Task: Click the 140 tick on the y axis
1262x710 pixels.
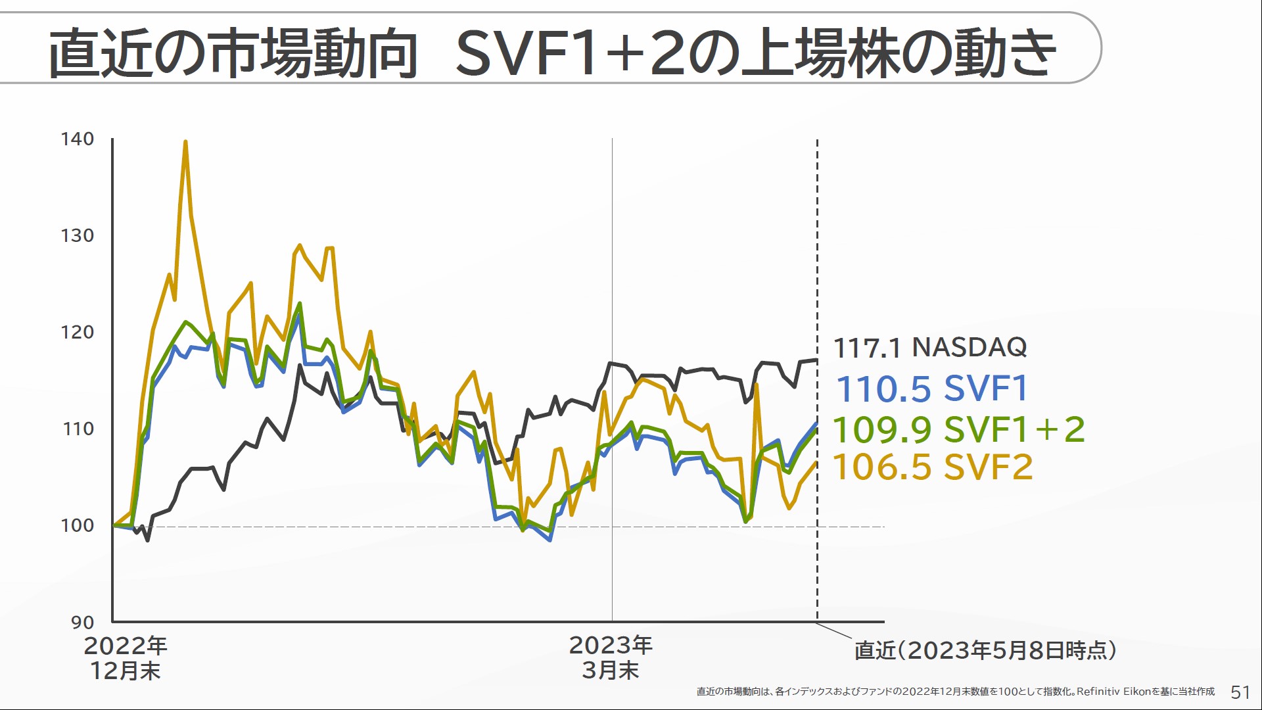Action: [x=78, y=139]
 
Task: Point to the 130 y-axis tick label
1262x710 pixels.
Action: [x=78, y=235]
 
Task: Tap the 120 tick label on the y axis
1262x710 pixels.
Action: [x=78, y=332]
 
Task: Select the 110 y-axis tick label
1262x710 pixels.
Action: [x=78, y=429]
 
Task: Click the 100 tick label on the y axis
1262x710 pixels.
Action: [x=78, y=525]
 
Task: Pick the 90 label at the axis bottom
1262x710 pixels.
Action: [x=83, y=622]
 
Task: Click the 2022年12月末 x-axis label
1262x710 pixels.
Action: [x=126, y=658]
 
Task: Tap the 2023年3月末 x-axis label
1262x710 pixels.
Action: [x=611, y=657]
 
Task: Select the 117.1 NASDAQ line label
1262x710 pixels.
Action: [x=929, y=347]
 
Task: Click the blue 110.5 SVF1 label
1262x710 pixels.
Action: [x=931, y=389]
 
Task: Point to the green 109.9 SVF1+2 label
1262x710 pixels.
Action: [x=958, y=430]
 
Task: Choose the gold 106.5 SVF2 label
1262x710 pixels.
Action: [x=933, y=467]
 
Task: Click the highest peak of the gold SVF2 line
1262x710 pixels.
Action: [x=185, y=141]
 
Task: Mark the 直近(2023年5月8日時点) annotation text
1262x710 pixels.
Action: [x=985, y=650]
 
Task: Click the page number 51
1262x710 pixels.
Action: [x=1240, y=692]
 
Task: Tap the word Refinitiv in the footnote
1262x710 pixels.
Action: [x=1098, y=692]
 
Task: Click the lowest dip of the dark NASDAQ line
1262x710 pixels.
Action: [x=147, y=540]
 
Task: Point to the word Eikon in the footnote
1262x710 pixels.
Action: [x=1136, y=692]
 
